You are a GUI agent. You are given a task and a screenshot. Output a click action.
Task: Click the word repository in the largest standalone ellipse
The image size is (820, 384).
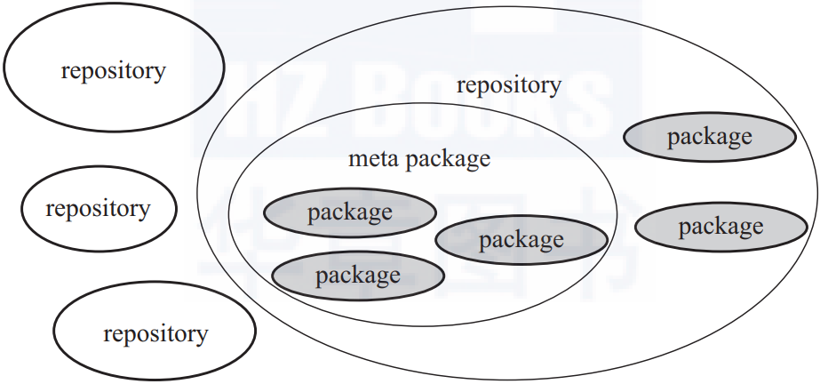(113, 71)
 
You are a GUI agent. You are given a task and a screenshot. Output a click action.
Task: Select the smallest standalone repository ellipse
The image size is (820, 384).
(99, 208)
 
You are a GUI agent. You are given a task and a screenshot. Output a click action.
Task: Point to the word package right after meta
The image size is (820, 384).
(448, 160)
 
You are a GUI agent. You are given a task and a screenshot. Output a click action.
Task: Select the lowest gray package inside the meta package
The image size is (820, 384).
(358, 276)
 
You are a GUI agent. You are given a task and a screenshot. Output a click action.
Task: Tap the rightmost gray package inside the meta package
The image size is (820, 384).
(521, 240)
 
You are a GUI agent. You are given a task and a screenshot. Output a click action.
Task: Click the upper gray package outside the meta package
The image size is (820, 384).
(710, 137)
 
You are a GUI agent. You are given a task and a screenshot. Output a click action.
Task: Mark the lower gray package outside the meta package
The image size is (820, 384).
(721, 227)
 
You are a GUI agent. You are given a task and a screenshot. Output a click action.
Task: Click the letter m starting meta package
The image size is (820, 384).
(356, 159)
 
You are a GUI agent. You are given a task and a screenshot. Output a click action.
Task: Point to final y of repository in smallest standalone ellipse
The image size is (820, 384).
(145, 212)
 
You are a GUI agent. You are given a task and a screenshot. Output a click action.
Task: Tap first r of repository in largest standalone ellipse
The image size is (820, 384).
(65, 72)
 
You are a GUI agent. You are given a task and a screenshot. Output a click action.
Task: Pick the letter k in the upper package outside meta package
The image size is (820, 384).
(714, 136)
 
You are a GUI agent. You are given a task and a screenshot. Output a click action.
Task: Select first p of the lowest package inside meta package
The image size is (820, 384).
(321, 277)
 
